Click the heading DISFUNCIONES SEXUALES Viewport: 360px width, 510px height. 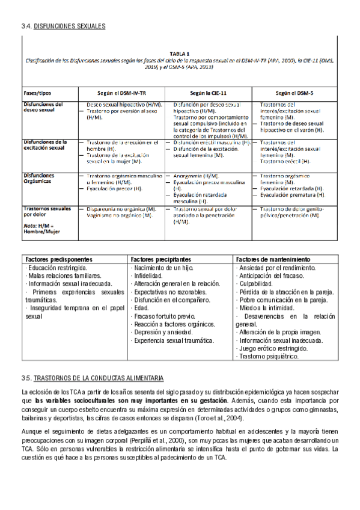(x=70, y=26)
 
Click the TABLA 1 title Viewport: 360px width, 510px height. (x=180, y=53)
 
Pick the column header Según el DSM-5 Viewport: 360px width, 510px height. (x=294, y=94)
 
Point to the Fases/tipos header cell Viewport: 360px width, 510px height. (x=37, y=94)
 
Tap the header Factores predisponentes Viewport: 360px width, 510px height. (x=56, y=259)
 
